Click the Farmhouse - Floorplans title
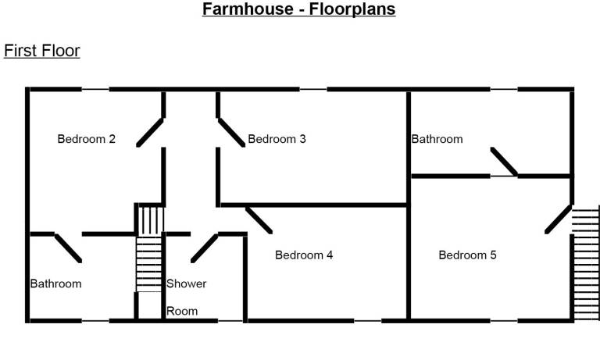pyautogui.click(x=299, y=9)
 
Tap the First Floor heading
pyautogui.click(x=41, y=51)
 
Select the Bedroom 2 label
pyautogui.click(x=86, y=138)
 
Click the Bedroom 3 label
pyautogui.click(x=277, y=138)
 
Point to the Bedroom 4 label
pyautogui.click(x=304, y=255)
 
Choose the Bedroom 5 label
pyautogui.click(x=467, y=255)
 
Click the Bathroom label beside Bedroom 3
pyautogui.click(x=437, y=138)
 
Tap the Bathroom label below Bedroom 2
pyautogui.click(x=56, y=283)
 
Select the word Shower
pyautogui.click(x=187, y=283)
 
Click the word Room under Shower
pyautogui.click(x=182, y=311)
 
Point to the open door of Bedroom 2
pyautogui.click(x=150, y=133)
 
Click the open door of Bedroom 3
pyautogui.click(x=231, y=133)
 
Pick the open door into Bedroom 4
pyautogui.click(x=259, y=220)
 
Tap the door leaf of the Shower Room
pyautogui.click(x=205, y=248)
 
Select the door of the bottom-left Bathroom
pyautogui.click(x=68, y=248)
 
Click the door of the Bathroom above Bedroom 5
pyautogui.click(x=504, y=162)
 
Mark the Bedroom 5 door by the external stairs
pyautogui.click(x=559, y=219)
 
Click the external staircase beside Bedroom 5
pyautogui.click(x=585, y=263)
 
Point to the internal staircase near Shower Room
pyautogui.click(x=149, y=248)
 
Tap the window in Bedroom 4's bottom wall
pyautogui.click(x=368, y=321)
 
